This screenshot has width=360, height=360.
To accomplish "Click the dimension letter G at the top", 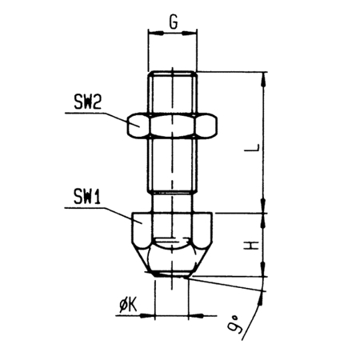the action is [173, 22].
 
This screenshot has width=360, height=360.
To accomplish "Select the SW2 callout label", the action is [88, 102].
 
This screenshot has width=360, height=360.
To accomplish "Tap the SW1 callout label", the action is [87, 197].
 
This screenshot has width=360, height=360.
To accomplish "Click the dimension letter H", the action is [251, 246].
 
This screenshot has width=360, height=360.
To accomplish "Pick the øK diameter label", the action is [128, 306].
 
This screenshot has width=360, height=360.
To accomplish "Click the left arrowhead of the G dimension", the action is [156, 33].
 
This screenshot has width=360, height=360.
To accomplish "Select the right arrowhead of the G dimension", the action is [190, 33].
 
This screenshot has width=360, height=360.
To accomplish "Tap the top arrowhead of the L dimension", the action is [264, 79].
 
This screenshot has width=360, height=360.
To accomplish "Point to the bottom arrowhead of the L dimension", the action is [264, 206].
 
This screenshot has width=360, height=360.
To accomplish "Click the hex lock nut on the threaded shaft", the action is [172, 126].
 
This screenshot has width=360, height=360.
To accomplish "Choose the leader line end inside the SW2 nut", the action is [138, 126].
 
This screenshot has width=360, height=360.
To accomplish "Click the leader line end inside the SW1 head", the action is [142, 223].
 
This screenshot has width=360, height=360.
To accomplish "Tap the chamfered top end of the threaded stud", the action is [173, 74].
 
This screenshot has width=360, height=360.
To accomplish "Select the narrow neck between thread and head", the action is [173, 202].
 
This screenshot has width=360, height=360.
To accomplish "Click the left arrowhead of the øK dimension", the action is [147, 316].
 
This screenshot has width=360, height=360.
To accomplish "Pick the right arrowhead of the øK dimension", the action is [196, 316].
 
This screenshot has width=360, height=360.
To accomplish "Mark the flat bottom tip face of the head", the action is [172, 274].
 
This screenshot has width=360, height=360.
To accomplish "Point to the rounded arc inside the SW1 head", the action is [173, 245].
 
